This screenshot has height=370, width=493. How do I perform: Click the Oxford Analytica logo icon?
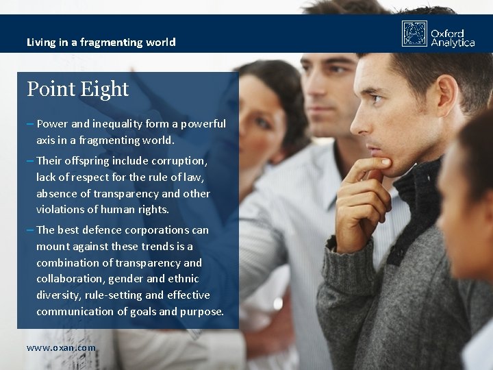414,34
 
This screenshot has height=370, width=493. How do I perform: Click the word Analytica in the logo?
453,42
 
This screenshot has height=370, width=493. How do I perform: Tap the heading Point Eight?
77,89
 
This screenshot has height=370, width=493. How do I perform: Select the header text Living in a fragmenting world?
101,42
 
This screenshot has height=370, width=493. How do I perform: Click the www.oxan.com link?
61,347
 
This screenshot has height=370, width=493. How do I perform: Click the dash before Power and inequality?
30,124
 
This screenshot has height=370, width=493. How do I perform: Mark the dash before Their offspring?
30,161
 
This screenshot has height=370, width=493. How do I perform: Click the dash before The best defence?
30,230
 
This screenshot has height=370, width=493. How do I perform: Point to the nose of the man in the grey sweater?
357,123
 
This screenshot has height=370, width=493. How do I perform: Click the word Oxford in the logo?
447,33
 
